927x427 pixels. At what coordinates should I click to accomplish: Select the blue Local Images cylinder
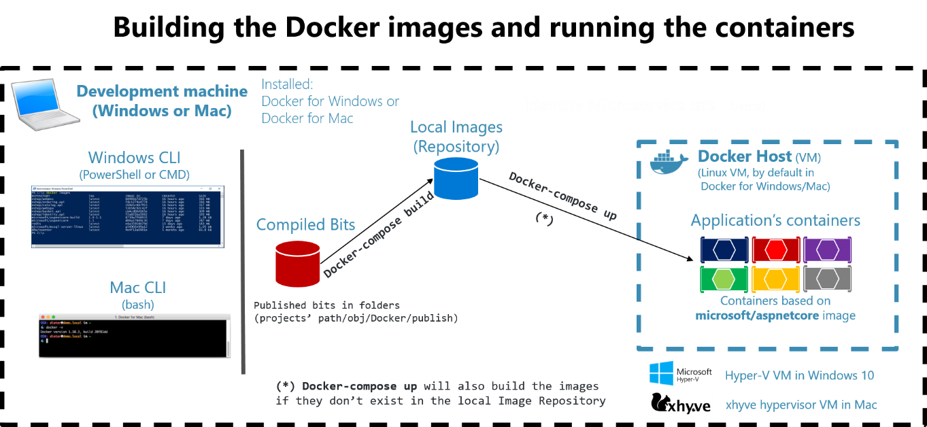[x=456, y=177]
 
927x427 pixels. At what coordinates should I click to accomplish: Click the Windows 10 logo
[x=661, y=375]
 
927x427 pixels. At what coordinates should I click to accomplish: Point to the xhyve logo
[x=681, y=403]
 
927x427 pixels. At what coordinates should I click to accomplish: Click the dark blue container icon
[x=724, y=250]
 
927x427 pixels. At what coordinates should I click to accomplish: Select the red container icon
[x=775, y=250]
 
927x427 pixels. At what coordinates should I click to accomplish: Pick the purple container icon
[x=827, y=250]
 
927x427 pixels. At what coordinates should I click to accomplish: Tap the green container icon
[x=724, y=279]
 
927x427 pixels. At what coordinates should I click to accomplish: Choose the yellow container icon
[x=775, y=279]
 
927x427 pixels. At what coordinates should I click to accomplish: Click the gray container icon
[x=827, y=279]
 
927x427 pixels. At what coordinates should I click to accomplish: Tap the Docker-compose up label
[x=562, y=196]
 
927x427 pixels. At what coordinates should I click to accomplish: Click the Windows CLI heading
[x=134, y=158]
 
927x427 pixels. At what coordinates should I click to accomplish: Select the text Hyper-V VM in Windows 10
[x=799, y=375]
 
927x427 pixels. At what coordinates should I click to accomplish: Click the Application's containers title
[x=775, y=220]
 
